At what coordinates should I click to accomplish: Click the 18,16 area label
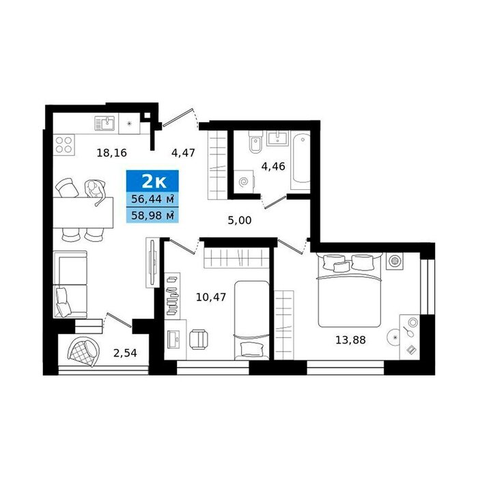(111, 152)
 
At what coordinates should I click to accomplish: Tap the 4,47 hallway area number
(183, 152)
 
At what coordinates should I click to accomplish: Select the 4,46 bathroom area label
(273, 167)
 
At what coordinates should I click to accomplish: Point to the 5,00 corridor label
(240, 220)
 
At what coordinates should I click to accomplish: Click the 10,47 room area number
(211, 296)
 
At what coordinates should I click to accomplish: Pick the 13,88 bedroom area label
(350, 339)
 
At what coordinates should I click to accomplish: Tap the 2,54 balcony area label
(125, 353)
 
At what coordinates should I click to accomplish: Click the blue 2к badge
(152, 181)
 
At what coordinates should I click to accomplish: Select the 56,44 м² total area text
(152, 199)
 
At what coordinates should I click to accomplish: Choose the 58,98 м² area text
(152, 216)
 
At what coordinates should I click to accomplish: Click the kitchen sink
(104, 123)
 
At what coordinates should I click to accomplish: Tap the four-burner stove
(64, 145)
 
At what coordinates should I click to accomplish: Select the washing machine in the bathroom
(244, 182)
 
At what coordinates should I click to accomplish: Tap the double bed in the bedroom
(350, 290)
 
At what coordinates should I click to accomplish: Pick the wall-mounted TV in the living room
(153, 262)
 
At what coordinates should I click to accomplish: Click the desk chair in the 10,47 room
(199, 339)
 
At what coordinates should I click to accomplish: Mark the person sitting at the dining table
(96, 191)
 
